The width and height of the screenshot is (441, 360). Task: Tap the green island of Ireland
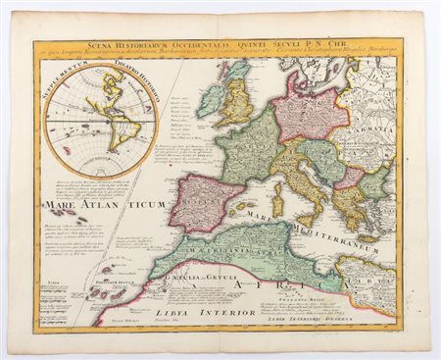(x=211, y=100)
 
